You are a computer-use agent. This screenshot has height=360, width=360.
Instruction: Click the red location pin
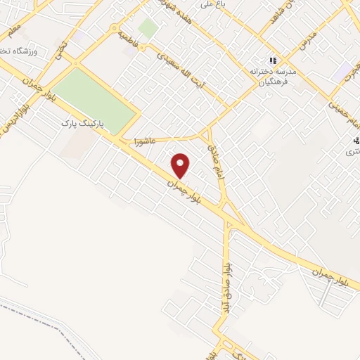coord(181,165)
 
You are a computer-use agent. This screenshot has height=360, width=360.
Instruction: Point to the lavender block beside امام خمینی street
coord(345,71)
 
